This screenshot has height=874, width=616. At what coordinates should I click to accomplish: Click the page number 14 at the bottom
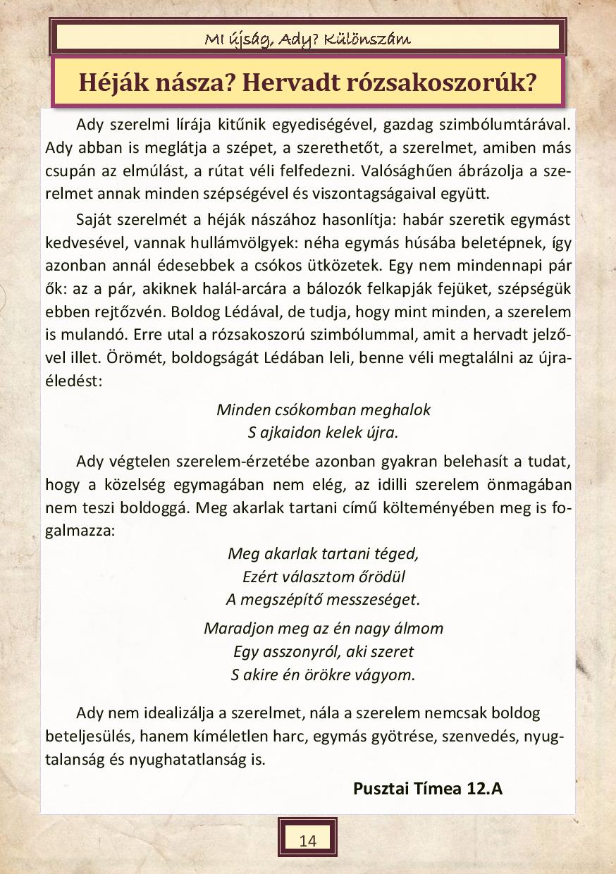tap(307, 840)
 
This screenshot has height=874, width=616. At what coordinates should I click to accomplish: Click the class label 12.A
tap(484, 788)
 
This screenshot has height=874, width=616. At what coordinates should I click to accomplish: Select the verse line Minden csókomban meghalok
tap(324, 410)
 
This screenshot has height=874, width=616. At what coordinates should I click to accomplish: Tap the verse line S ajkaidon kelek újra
tap(324, 432)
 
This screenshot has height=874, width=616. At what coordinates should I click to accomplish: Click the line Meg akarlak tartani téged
tap(324, 553)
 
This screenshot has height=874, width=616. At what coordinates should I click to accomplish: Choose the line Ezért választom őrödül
tap(324, 577)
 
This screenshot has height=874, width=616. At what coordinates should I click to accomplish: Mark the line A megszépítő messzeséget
tap(324, 600)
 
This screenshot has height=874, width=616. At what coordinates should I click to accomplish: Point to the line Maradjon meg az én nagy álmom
tap(324, 627)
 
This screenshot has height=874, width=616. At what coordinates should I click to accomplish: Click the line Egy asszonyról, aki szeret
tap(324, 651)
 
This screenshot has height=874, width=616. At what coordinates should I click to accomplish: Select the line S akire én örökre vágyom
tap(324, 674)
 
